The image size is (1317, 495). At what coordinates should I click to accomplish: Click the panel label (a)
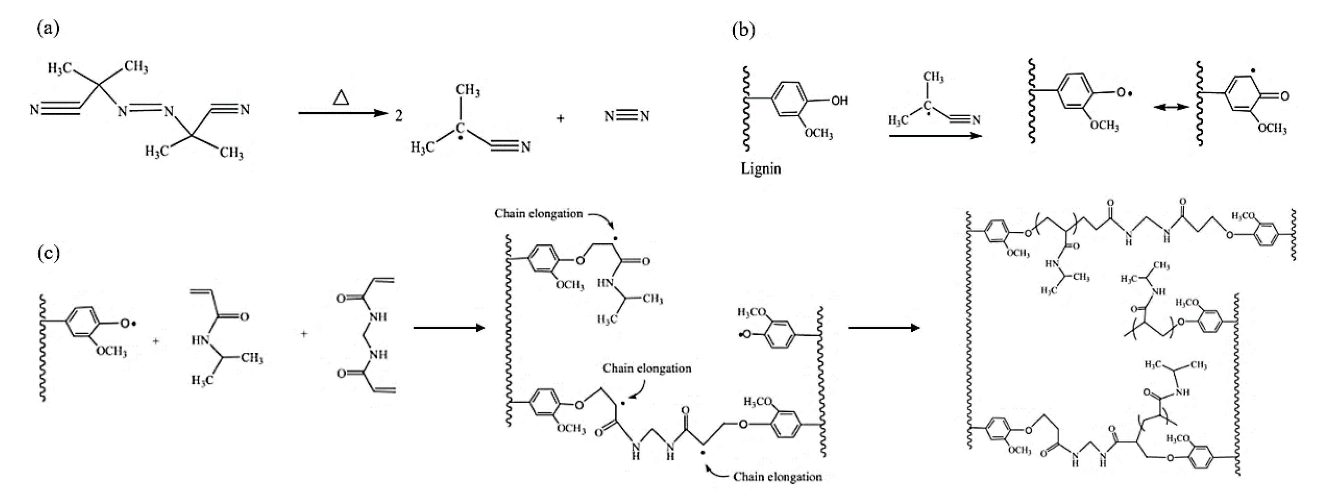click(x=48, y=28)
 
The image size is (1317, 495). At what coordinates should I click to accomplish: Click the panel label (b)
click(x=743, y=31)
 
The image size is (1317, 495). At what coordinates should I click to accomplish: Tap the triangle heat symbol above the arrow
click(x=341, y=97)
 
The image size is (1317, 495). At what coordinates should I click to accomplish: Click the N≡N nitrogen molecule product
click(x=627, y=117)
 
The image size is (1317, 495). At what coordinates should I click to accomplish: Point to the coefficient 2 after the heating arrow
click(x=398, y=117)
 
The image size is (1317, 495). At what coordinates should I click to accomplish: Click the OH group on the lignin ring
click(x=839, y=101)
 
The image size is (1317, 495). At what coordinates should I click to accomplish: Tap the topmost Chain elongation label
click(x=538, y=213)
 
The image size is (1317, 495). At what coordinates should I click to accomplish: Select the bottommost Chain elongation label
click(x=777, y=477)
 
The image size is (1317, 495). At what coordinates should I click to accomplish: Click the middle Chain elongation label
click(x=647, y=368)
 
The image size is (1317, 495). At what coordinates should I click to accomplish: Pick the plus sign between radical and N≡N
click(x=561, y=118)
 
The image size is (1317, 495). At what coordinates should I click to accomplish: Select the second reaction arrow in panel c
click(x=883, y=327)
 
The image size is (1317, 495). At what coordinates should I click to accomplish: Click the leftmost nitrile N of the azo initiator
click(x=34, y=110)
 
